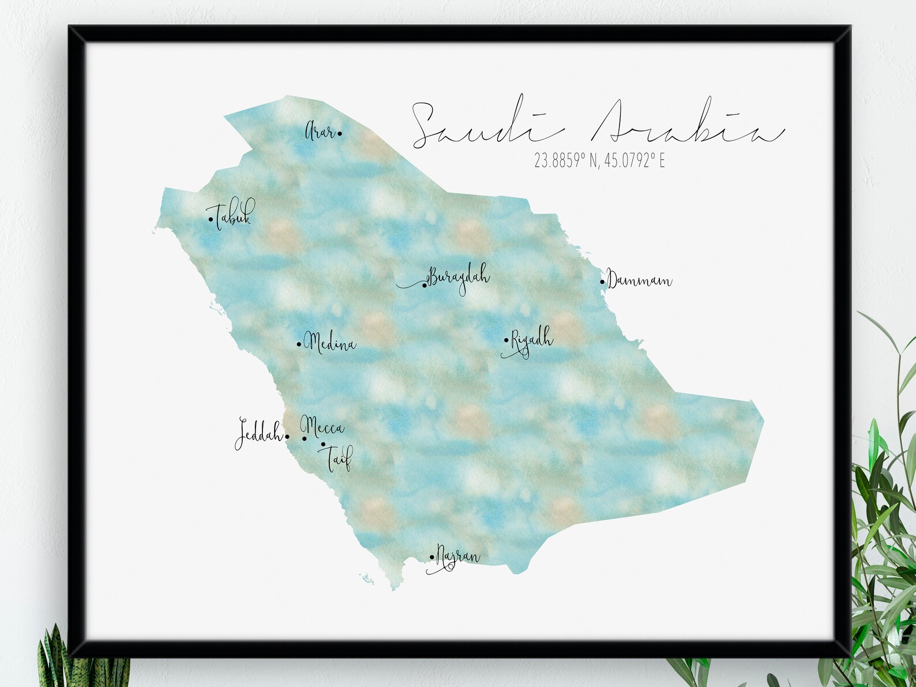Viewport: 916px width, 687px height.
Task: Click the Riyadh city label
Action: pyautogui.click(x=531, y=340)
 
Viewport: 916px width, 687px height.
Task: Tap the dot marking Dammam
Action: pyautogui.click(x=602, y=281)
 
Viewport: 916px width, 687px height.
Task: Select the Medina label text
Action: pyautogui.click(x=330, y=344)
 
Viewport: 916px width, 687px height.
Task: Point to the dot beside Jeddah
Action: pyautogui.click(x=287, y=437)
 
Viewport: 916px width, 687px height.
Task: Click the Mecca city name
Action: pyautogui.click(x=322, y=427)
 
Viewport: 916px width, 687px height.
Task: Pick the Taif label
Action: pyautogui.click(x=339, y=459)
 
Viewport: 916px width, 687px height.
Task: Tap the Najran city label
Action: pyautogui.click(x=457, y=557)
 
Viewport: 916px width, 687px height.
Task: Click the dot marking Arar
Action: pyautogui.click(x=340, y=134)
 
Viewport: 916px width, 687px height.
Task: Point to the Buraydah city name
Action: pyautogui.click(x=459, y=277)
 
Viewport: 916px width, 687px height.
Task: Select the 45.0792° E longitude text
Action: pyautogui.click(x=635, y=161)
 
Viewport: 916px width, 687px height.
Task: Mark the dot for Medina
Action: pyautogui.click(x=299, y=344)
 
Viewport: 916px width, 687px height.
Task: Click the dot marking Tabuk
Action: pyautogui.click(x=211, y=219)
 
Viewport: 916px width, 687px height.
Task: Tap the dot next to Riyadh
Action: pyautogui.click(x=506, y=340)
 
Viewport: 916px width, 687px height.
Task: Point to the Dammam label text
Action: pyautogui.click(x=640, y=281)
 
